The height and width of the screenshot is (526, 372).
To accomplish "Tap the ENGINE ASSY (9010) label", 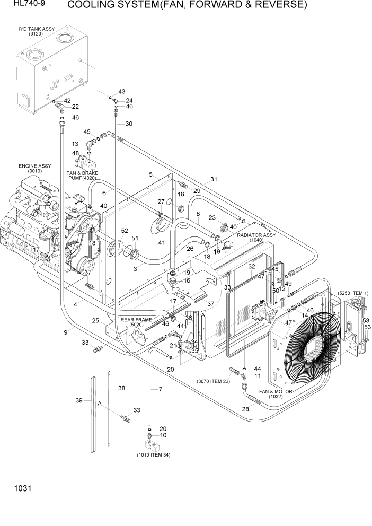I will pyautogui.click(x=35, y=169).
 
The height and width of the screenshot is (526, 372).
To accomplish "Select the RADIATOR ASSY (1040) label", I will pyautogui.click(x=256, y=237).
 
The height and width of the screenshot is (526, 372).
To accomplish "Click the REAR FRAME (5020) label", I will pyautogui.click(x=136, y=322).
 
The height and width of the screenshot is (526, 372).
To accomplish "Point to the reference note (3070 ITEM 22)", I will pyautogui.click(x=214, y=381).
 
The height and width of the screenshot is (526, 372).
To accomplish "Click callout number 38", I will pyautogui.click(x=121, y=388).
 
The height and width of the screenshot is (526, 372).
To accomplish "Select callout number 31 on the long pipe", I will pyautogui.click(x=214, y=179).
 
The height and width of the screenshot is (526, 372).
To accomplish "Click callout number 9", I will pyautogui.click(x=66, y=332).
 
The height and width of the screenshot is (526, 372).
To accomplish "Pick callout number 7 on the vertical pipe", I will pyautogui.click(x=158, y=389).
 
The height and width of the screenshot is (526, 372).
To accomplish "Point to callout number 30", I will pyautogui.click(x=129, y=124).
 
